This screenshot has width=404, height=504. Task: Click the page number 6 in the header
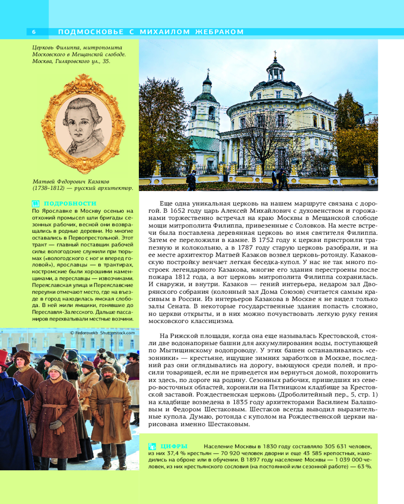[x=33, y=32]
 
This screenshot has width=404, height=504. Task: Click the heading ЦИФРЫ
[x=174, y=446]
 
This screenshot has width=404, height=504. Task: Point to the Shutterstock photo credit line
[x=103, y=333]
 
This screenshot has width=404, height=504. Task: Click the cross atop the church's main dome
[x=275, y=53]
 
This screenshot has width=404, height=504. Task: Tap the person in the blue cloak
[x=13, y=418]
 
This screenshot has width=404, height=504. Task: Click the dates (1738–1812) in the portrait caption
[x=50, y=188]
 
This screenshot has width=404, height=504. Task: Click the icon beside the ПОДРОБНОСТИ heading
[x=35, y=204]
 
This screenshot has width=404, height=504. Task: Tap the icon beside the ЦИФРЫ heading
[x=151, y=446]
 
